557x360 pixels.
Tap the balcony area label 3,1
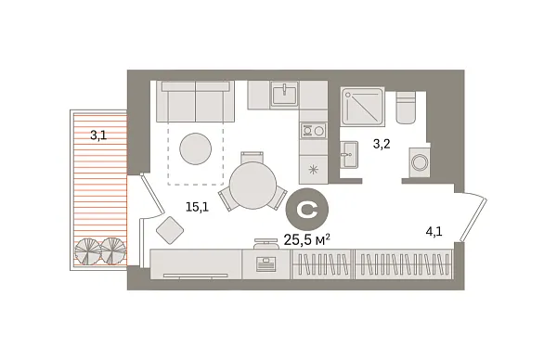click(97, 135)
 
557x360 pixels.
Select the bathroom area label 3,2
click(381, 145)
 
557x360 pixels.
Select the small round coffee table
click(195, 149)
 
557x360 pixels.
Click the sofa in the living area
click(195, 102)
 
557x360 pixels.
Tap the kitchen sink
click(284, 94)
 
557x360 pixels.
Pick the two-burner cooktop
click(311, 132)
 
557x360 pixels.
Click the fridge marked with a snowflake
click(313, 168)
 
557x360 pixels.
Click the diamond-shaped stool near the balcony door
click(170, 229)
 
